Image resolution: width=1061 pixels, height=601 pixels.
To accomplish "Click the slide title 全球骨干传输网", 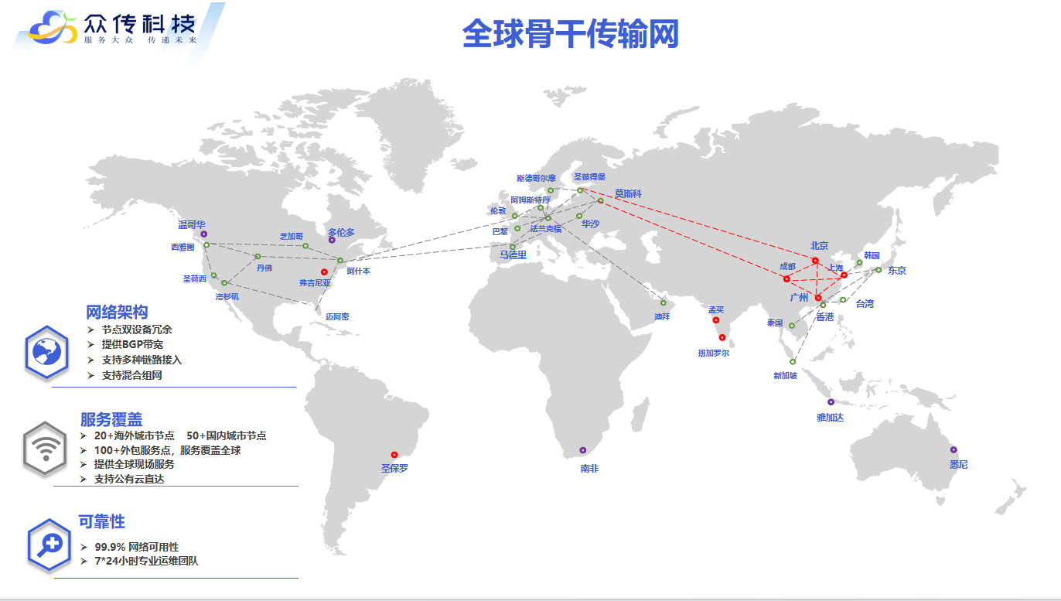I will click(x=570, y=34).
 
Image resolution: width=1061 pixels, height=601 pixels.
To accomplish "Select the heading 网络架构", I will click(x=117, y=312).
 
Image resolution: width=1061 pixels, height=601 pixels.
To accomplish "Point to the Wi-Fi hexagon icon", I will click(x=46, y=449).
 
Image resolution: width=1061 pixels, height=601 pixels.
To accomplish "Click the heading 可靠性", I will click(x=101, y=522).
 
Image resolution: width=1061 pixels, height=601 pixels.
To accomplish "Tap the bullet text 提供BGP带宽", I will click(x=132, y=344).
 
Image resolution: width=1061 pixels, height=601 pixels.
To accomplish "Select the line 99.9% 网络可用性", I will click(x=136, y=547).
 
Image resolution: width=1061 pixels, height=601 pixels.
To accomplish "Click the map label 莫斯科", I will click(x=629, y=193).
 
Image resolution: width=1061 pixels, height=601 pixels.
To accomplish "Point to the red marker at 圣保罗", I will click(x=394, y=455).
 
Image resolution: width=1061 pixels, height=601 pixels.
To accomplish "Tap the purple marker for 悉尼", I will click(x=954, y=449).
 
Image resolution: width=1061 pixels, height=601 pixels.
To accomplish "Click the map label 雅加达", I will click(x=830, y=418).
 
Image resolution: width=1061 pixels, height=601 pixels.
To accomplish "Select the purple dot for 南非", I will click(x=583, y=450).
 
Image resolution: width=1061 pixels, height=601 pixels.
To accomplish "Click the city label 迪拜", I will click(x=662, y=316).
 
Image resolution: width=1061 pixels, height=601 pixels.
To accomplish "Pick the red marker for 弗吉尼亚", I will click(x=324, y=271).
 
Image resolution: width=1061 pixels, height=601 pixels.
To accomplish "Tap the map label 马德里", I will click(x=513, y=254).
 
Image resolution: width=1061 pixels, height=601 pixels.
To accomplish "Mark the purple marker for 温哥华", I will click(x=204, y=234).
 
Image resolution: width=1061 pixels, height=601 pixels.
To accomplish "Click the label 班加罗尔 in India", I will click(x=713, y=353).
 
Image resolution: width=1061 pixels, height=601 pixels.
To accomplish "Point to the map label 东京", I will click(x=897, y=271).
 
